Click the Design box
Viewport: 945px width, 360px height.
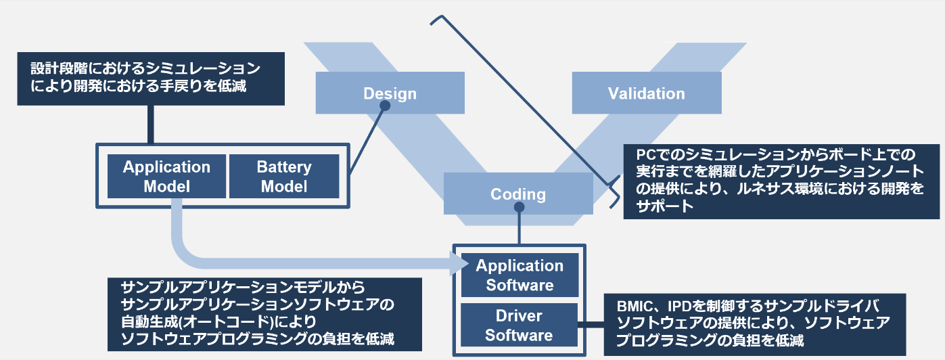[x=390, y=93]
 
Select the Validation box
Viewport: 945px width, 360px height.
[x=646, y=93]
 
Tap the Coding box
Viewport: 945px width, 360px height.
[x=518, y=194]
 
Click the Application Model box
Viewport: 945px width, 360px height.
[x=166, y=176]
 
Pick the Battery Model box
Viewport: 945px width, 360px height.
[x=284, y=176]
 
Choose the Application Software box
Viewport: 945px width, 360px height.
[x=520, y=275]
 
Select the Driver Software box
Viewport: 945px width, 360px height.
[x=519, y=325]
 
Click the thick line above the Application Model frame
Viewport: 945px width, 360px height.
[x=150, y=124]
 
